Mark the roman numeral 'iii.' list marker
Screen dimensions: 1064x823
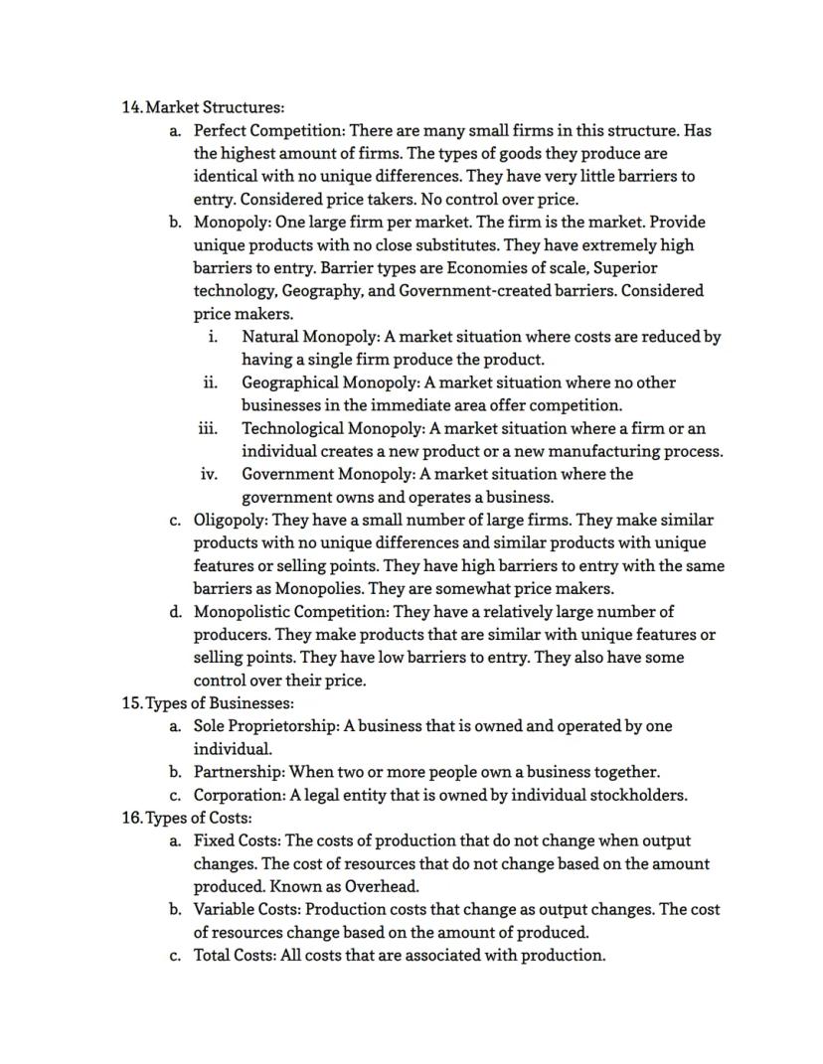coord(208,428)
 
